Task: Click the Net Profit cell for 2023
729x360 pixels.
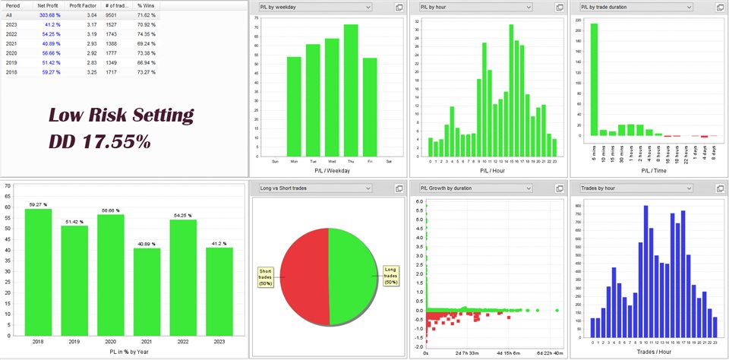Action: tap(49, 25)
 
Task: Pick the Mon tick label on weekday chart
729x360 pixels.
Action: tap(293, 162)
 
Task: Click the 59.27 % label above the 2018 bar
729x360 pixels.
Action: tap(38, 204)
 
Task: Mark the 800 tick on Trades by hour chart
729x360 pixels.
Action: tap(579, 205)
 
